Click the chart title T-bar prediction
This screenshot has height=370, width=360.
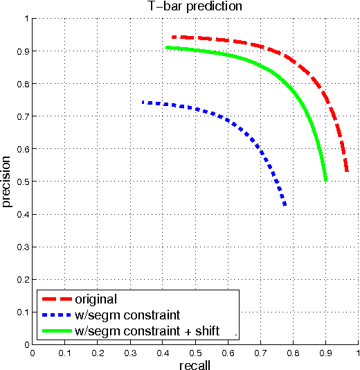(195, 7)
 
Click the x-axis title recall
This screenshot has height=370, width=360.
(195, 364)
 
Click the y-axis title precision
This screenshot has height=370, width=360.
(7, 182)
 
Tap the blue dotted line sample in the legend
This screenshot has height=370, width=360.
(57, 316)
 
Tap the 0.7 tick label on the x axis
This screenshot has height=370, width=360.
(260, 352)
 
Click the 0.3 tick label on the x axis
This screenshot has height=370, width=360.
(130, 352)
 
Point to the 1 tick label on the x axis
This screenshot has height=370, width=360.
(357, 352)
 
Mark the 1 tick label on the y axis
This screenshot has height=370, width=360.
(26, 19)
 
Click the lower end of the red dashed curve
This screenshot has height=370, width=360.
(347, 171)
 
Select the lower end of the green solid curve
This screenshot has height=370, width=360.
(325, 180)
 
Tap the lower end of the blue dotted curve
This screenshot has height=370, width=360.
(285, 205)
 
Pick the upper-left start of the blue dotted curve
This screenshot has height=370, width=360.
(143, 103)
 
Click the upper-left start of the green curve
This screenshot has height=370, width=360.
(167, 47)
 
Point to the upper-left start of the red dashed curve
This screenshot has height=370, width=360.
(173, 37)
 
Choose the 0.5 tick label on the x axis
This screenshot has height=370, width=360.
(195, 352)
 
